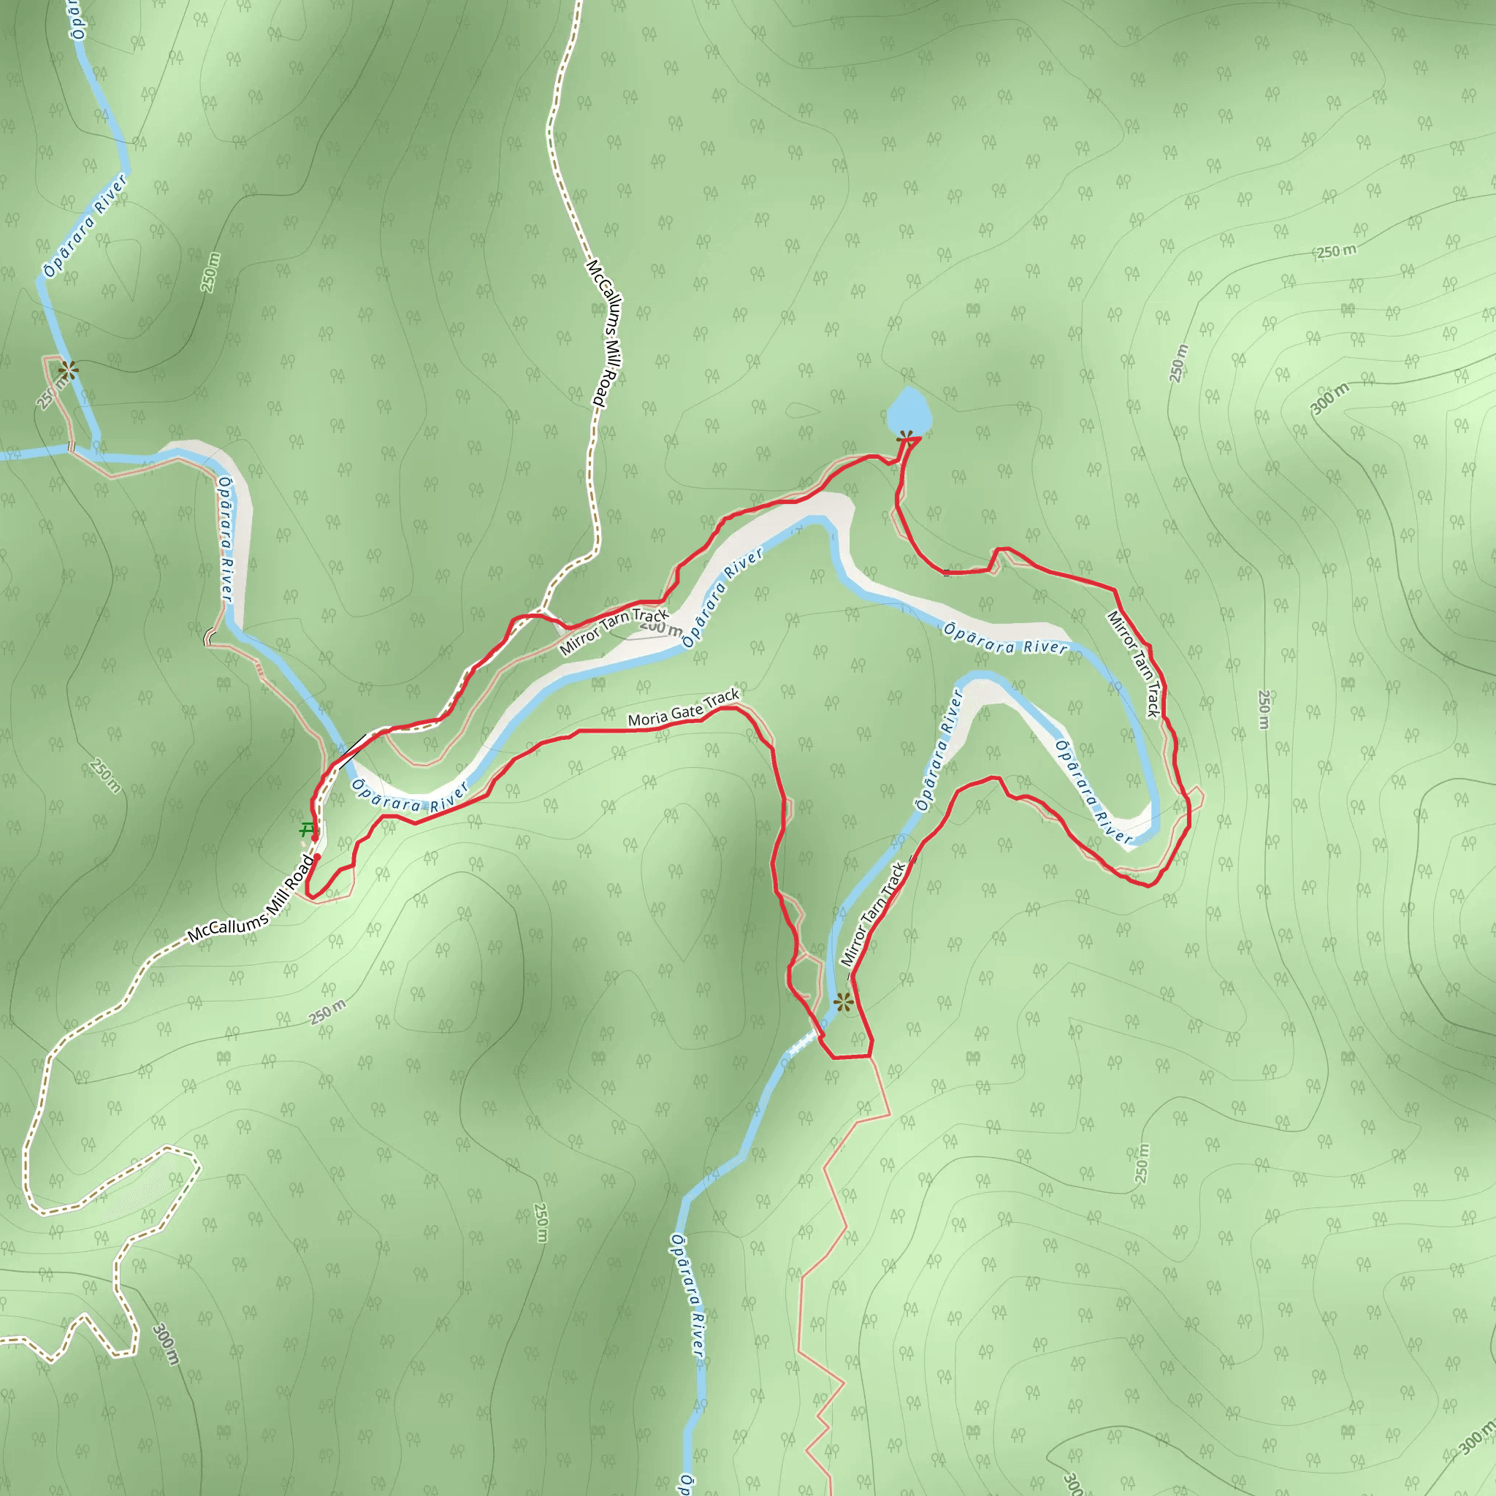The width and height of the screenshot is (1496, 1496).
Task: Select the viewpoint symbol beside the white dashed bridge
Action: (843, 1003)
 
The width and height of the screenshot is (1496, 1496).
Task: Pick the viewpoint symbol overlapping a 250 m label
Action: (67, 370)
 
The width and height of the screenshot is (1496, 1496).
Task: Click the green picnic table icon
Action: (308, 830)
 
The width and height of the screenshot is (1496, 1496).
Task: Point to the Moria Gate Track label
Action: (684, 709)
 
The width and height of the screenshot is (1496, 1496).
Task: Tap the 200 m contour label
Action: (661, 627)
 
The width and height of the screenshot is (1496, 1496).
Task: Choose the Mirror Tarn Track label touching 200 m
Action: (614, 632)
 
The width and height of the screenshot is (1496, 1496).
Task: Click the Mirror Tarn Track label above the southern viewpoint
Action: (873, 914)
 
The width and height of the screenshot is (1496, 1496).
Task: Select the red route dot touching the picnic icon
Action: (314, 837)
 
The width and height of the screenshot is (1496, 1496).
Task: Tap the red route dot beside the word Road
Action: (318, 857)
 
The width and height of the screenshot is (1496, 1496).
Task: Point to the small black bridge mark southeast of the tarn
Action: (946, 573)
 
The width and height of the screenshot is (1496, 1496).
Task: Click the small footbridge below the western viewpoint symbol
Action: (72, 446)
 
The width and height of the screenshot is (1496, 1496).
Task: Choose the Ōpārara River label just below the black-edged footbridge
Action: (411, 797)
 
